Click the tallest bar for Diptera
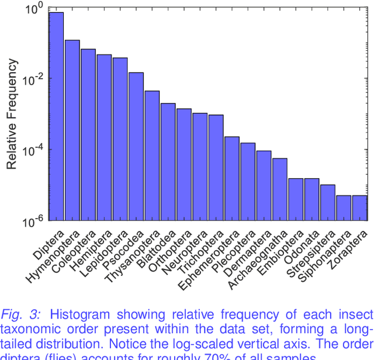[56, 117]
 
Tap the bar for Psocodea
[136, 146]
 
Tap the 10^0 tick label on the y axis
[33, 9]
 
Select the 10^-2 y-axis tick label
[32, 79]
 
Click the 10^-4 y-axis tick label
[32, 150]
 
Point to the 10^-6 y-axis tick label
[32, 221]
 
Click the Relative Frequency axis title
[12, 115]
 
